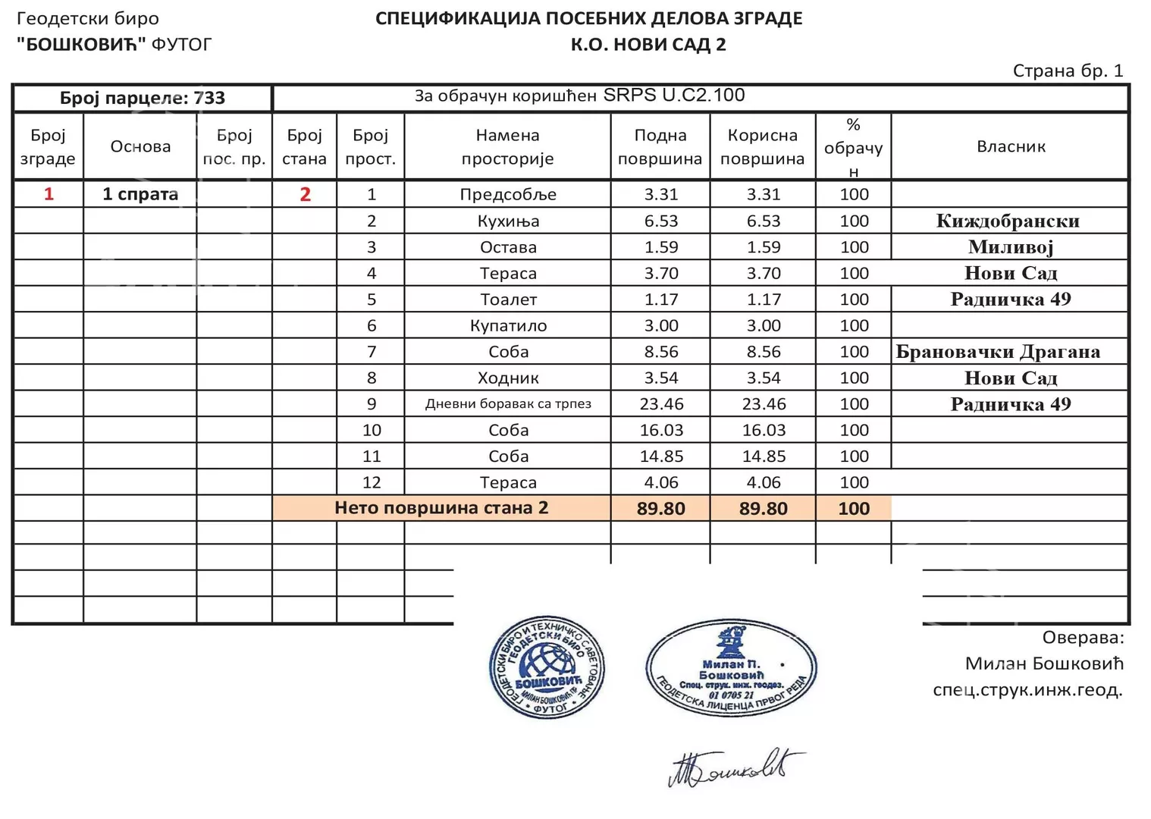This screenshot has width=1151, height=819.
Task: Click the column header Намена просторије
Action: tap(507, 146)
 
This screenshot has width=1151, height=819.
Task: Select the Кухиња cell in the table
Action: tap(508, 221)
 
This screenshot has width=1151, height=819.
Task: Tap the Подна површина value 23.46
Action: tap(661, 404)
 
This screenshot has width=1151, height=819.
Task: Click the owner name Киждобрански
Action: tap(1008, 221)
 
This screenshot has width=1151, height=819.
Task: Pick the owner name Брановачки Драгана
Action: tap(998, 352)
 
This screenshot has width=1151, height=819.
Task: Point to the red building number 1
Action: tap(49, 194)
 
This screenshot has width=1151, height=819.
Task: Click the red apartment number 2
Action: tap(305, 194)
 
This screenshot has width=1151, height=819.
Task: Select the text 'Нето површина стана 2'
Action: tap(441, 508)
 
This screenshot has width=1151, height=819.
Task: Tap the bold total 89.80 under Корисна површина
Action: tap(763, 509)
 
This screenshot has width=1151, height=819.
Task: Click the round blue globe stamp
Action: tap(547, 667)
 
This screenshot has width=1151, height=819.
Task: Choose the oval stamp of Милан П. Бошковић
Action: tap(731, 667)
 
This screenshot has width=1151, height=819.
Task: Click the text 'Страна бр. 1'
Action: tap(1068, 71)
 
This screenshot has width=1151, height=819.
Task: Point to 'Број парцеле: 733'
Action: tap(143, 98)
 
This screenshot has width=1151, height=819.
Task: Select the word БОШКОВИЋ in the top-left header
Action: tap(81, 44)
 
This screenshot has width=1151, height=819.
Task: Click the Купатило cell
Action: tap(508, 326)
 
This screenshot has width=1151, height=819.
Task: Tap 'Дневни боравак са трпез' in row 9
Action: tap(508, 404)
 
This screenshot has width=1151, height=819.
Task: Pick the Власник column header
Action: tap(1011, 146)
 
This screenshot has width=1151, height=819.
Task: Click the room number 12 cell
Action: tap(371, 482)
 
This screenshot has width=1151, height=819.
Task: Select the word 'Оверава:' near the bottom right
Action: tap(1082, 638)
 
